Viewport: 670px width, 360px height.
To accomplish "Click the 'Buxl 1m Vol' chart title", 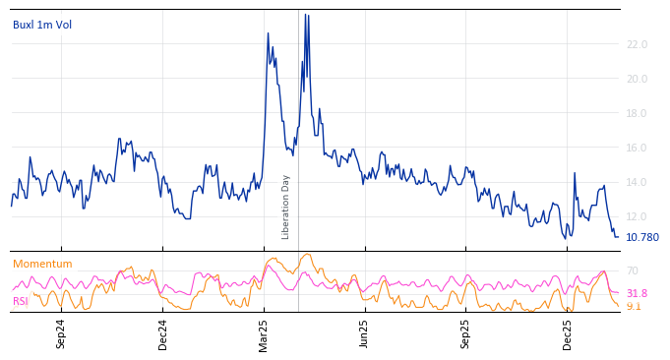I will (x=42, y=25).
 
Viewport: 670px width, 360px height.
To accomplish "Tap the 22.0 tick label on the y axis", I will (x=637, y=44).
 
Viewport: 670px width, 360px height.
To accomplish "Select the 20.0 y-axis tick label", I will (x=637, y=79).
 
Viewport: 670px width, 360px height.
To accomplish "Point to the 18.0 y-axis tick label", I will (x=637, y=113).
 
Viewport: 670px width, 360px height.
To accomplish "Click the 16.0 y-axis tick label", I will (x=637, y=148).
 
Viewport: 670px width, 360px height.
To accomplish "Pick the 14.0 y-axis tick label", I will (x=637, y=182).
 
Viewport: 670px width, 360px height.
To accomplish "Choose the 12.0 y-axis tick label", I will (x=637, y=216).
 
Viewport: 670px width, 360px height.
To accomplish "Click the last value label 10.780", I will (x=642, y=237).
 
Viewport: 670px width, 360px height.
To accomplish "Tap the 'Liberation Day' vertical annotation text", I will (x=286, y=207).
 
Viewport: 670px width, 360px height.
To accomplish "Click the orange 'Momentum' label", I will (x=42, y=264).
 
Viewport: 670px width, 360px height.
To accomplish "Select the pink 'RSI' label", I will (x=21, y=301).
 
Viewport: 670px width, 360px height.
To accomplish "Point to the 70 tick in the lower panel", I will (x=633, y=270).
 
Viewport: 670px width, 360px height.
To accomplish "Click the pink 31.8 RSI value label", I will (x=637, y=293).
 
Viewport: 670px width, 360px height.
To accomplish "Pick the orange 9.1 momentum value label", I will (x=634, y=306).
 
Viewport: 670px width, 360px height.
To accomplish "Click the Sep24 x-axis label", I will (x=61, y=333).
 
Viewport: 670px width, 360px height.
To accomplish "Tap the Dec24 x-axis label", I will (x=163, y=333).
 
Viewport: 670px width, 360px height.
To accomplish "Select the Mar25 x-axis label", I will (x=264, y=333).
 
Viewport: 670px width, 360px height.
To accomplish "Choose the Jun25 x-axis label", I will (x=364, y=333).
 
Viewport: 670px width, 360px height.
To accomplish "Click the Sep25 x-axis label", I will (x=465, y=333).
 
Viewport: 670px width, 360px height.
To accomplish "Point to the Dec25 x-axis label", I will (x=568, y=333).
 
